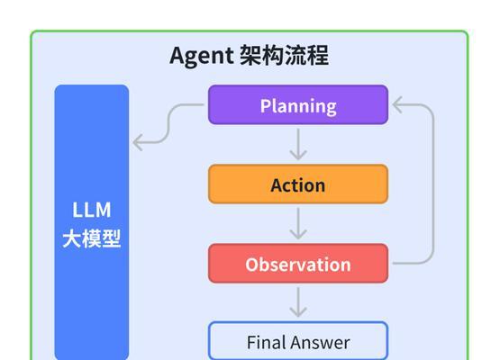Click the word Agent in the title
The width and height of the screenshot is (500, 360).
(202, 56)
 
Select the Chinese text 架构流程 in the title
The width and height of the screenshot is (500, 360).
(284, 56)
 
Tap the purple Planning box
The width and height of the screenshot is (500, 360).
(298, 104)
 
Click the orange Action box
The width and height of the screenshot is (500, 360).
(298, 184)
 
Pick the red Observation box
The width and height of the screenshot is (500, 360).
(298, 264)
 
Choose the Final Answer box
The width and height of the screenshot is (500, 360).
(298, 341)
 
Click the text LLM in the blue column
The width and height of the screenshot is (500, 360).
(92, 210)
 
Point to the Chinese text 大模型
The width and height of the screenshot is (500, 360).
(92, 238)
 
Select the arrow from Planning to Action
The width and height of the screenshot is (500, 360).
(298, 144)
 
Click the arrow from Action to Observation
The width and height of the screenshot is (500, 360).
(298, 223)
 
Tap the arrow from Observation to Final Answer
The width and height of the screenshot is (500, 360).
(298, 302)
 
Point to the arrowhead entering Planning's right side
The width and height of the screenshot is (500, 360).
(397, 104)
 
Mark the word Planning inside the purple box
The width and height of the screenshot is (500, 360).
(298, 106)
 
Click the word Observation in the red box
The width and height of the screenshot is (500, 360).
(298, 265)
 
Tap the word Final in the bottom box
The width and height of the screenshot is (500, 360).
(267, 343)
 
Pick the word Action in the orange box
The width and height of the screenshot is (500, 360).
(298, 185)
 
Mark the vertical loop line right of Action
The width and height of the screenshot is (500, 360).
(433, 184)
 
